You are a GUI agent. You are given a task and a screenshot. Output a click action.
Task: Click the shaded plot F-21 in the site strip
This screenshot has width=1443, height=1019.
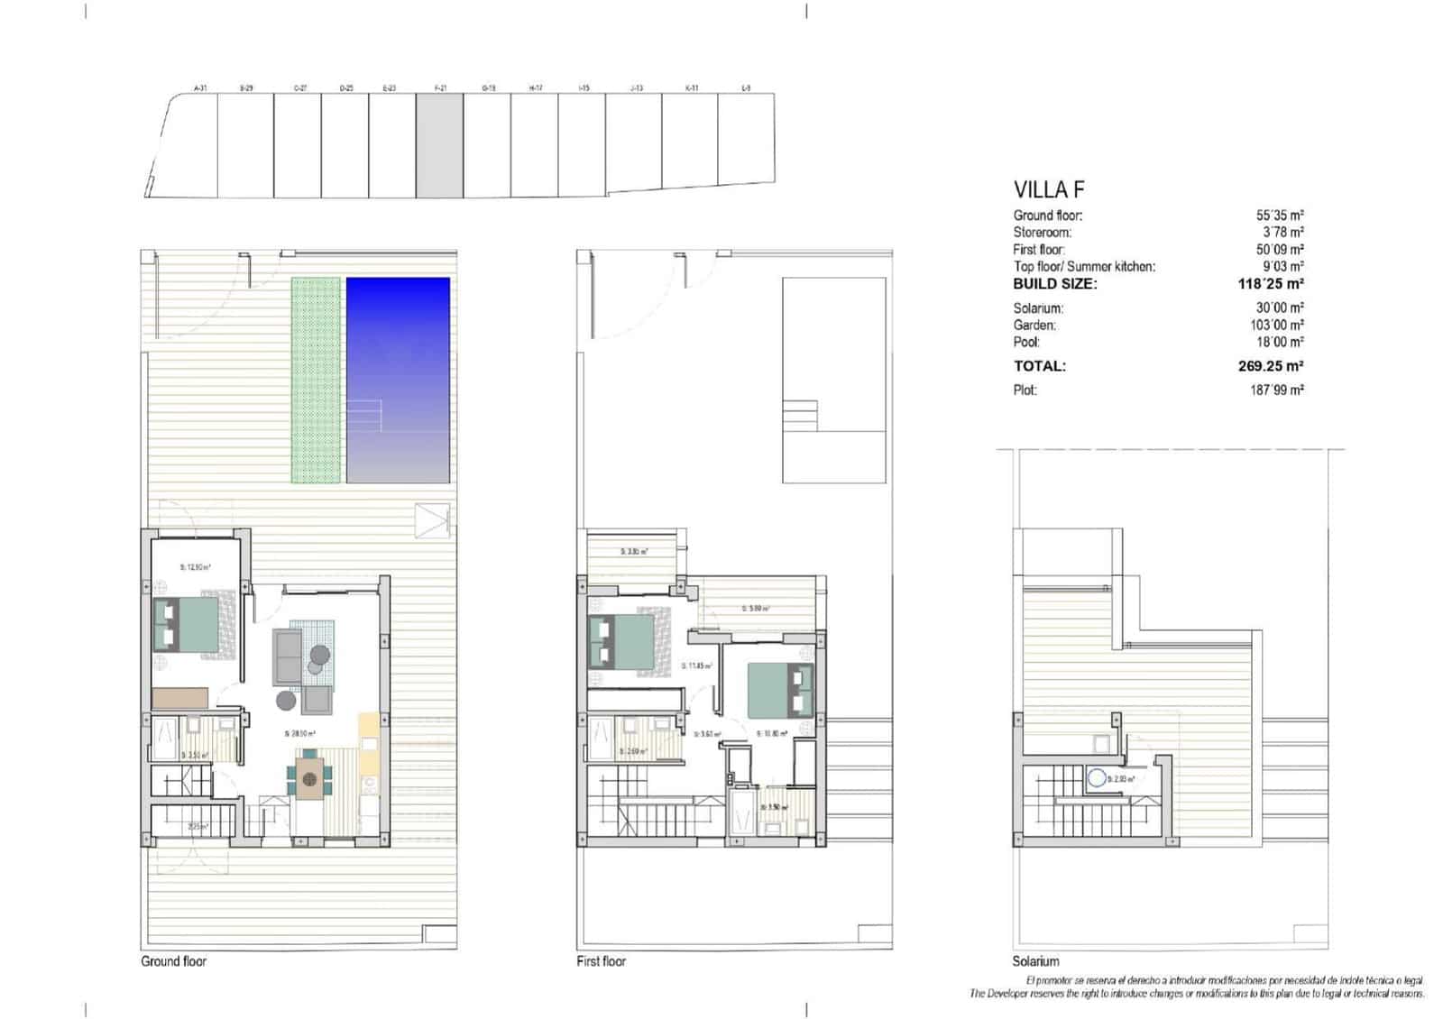439,145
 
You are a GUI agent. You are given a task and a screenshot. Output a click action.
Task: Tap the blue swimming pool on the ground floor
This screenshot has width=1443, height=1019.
398,379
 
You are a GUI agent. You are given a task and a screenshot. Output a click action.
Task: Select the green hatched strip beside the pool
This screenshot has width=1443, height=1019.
316,379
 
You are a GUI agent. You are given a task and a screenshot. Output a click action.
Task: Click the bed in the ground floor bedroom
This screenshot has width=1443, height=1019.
187,625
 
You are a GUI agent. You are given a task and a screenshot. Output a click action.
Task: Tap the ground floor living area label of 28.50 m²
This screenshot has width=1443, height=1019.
299,734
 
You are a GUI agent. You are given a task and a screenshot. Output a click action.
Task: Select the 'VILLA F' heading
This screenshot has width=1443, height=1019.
1049,190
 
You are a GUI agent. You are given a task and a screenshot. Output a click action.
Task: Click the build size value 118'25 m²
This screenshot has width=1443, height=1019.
1271,284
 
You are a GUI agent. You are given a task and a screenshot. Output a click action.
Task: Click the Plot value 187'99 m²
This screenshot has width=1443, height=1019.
1276,390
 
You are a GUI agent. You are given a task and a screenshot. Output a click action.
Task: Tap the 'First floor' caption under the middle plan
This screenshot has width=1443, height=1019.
601,961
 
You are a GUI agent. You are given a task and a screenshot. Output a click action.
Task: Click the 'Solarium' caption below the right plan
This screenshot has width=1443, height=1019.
1035,961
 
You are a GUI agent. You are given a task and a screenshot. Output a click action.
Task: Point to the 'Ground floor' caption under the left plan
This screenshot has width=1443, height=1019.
173,961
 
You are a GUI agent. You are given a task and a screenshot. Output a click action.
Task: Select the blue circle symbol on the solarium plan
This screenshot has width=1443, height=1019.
1097,778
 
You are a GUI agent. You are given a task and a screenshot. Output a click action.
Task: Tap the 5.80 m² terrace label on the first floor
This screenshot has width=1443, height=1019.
756,609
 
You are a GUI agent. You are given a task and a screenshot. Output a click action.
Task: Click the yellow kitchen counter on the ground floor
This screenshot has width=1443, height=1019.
369,745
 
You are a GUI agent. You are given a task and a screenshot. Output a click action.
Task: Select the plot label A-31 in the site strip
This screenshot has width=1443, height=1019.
200,88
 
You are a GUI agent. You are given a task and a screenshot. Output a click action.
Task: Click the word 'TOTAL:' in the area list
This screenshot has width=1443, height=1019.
1039,366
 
